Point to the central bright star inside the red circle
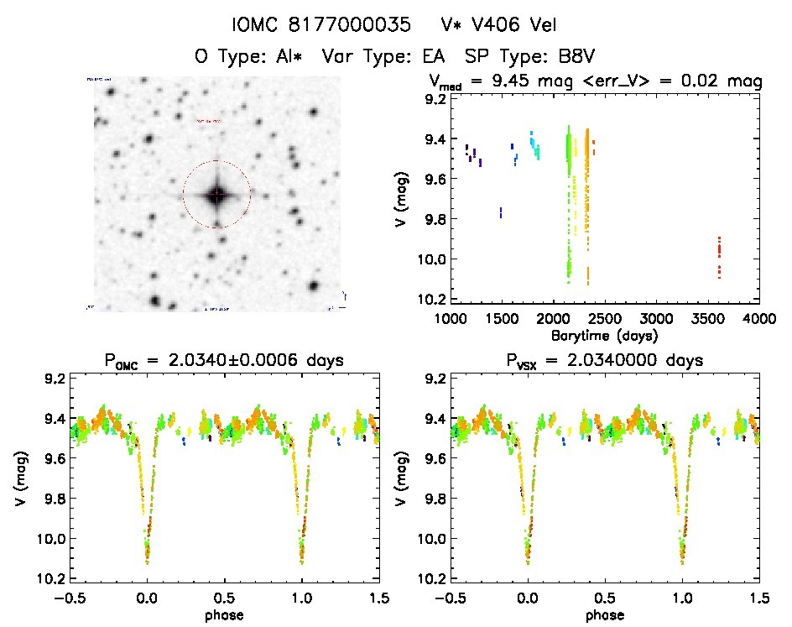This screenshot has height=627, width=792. tap(216, 195)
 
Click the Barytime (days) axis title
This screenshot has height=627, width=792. tap(604, 335)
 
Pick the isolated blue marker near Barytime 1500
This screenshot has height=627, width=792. tap(501, 212)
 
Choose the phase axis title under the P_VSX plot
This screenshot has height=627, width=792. tap(604, 614)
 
